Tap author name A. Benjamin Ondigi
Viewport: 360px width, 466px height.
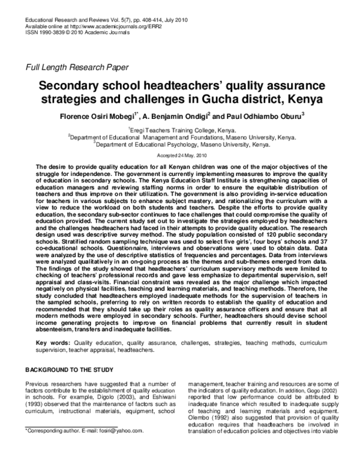(175, 115)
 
